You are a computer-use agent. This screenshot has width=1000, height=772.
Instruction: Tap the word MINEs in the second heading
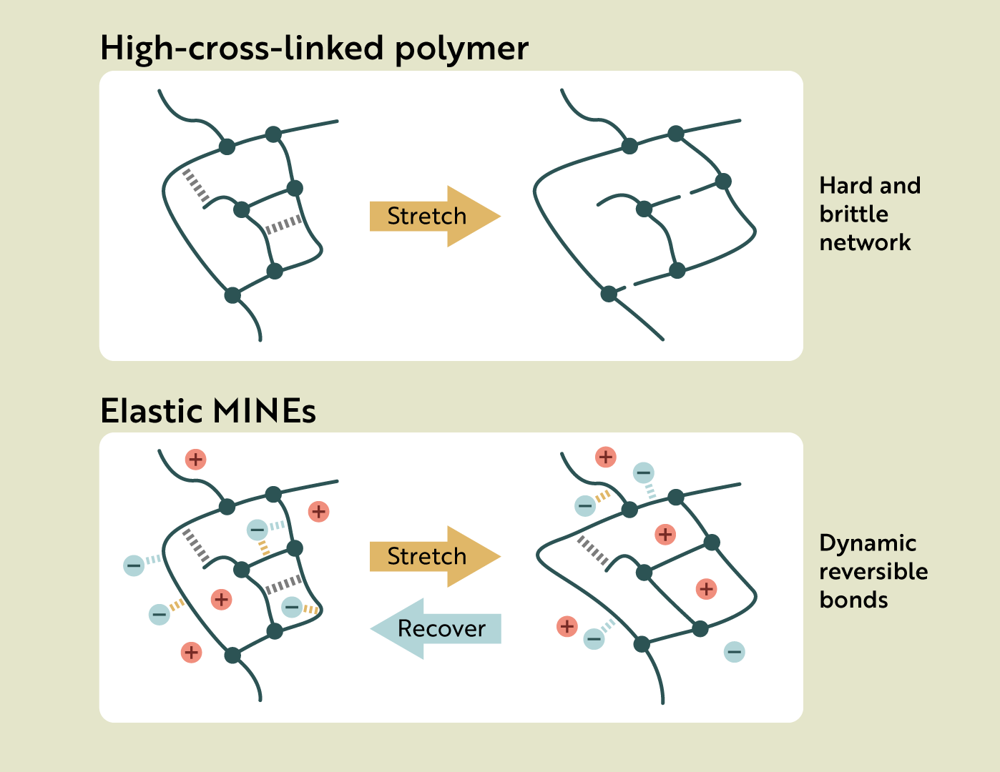coord(264,412)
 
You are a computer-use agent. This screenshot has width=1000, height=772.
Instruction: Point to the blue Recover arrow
coord(436,628)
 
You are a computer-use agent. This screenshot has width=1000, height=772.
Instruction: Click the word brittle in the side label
coord(853,214)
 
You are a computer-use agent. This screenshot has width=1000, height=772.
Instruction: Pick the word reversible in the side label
coord(873,571)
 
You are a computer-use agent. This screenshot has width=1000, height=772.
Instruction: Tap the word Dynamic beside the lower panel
coord(867,543)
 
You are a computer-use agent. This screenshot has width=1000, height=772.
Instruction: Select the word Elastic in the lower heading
coord(151,412)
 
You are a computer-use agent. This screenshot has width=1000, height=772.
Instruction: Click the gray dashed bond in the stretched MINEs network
coord(593,552)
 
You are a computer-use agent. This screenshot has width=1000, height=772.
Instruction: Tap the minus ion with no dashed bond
coord(734,651)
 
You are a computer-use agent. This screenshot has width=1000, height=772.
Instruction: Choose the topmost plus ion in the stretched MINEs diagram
coord(605,457)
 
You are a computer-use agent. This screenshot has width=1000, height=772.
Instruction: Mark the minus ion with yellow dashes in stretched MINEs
coord(585,506)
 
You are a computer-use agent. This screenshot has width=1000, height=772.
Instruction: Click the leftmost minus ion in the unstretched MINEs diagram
coord(134,565)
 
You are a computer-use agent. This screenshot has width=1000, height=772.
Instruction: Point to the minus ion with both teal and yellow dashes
coord(258,530)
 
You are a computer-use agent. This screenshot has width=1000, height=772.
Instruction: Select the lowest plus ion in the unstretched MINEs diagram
coord(191,652)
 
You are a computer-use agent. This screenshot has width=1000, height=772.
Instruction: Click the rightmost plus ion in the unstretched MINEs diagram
coord(318,511)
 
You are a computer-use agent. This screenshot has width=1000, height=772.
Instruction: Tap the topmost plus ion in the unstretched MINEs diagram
coord(195,459)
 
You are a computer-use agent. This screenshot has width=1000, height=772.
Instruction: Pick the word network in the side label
coord(865,242)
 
